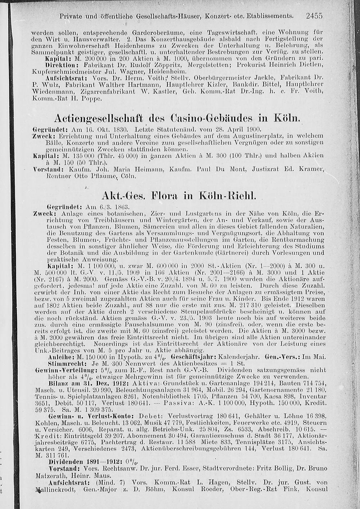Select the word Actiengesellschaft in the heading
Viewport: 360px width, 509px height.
tap(98, 119)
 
